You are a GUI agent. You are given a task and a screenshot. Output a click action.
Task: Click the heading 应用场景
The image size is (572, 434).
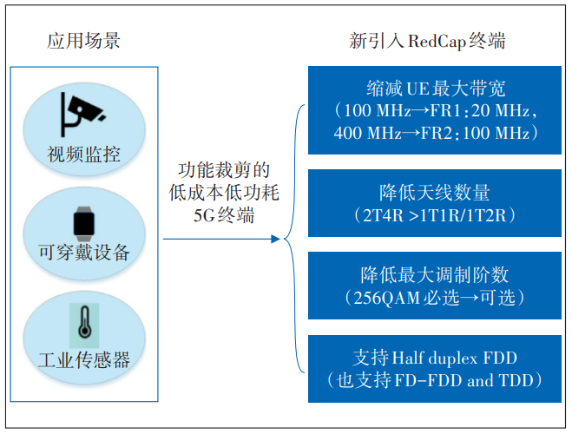83,40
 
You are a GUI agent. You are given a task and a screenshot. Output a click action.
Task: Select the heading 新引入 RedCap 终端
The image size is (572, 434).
427,40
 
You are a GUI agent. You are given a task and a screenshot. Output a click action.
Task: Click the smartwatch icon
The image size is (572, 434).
83,223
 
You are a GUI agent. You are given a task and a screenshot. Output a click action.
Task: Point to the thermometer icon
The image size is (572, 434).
83,327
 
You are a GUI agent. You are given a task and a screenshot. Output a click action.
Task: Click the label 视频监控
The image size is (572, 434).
83,155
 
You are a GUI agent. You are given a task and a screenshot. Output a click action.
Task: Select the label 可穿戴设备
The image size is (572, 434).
84,253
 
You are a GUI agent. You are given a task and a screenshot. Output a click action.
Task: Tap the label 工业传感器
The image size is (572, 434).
84,359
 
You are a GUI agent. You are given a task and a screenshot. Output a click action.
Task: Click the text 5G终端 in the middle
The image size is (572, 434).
224,214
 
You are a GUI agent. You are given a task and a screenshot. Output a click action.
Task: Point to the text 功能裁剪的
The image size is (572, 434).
224,169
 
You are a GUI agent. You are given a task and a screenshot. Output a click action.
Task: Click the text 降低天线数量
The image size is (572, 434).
436,191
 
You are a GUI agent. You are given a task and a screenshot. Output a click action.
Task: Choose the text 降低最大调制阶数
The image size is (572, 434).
436,275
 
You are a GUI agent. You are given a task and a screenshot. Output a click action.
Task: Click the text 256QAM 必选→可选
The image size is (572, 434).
436,297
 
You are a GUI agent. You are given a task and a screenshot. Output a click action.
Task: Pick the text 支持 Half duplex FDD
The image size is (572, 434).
436,358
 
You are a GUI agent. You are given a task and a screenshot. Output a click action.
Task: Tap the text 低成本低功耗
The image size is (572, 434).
224,192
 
